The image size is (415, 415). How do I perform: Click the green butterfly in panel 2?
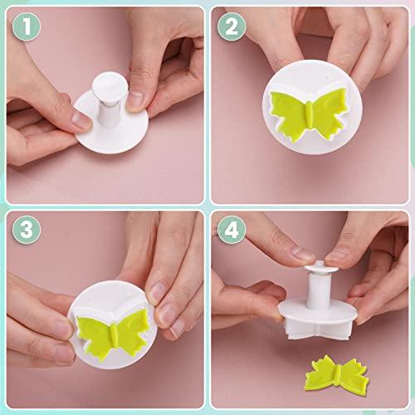coord(306,115)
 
